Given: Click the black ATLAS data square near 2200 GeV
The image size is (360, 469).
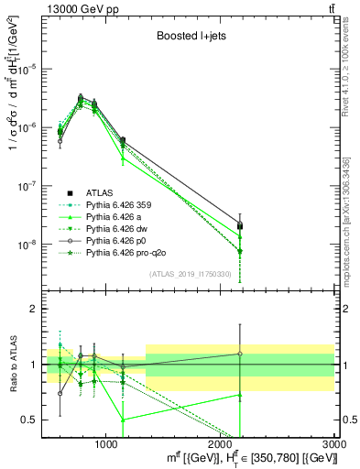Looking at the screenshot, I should click(240, 225).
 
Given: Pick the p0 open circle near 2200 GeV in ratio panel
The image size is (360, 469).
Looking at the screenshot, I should click(240, 354).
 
